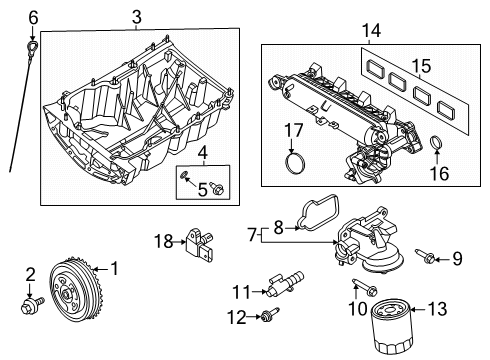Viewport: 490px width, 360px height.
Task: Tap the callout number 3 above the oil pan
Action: pos(136,15)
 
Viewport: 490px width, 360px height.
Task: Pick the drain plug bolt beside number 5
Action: pos(219,186)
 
